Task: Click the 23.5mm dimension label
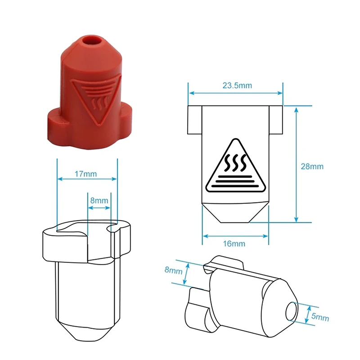(236, 85)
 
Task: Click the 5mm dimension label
(320, 317)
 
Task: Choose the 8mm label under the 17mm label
(99, 200)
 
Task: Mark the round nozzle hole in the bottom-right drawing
(291, 311)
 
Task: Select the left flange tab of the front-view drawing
(194, 120)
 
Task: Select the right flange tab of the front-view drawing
(275, 120)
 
